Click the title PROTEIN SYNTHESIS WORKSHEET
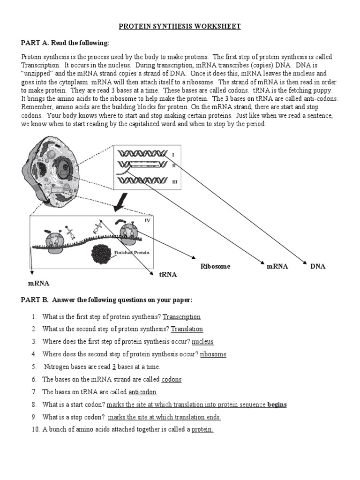click(180, 27)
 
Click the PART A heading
click(65, 43)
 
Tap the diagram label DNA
click(317, 266)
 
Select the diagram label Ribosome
click(216, 266)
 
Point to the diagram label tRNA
click(168, 275)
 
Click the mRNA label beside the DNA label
click(277, 266)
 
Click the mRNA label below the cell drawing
click(38, 284)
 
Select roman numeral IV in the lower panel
click(147, 220)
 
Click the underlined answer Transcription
click(181, 317)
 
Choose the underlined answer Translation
click(187, 329)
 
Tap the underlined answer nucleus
click(202, 342)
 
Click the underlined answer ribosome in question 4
click(213, 354)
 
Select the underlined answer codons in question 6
click(171, 379)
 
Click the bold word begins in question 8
click(277, 405)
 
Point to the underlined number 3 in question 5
click(114, 367)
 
